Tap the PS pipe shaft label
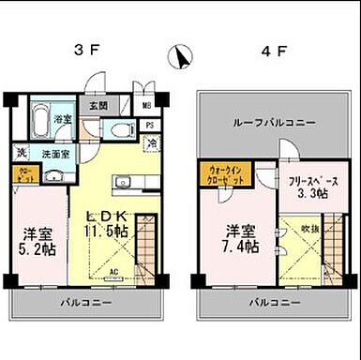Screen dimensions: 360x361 point(150,125)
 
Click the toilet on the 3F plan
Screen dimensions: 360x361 point(119,130)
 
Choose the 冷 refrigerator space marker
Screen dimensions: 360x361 point(151,143)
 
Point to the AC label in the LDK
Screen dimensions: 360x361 point(113,274)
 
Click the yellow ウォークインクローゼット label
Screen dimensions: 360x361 point(222,173)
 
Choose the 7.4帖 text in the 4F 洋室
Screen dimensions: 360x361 point(239,245)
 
